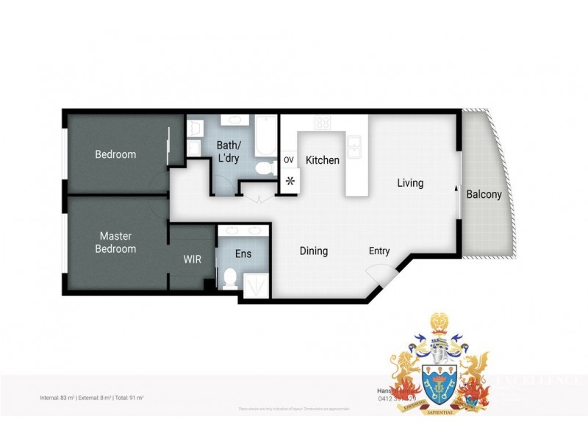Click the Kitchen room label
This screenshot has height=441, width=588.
[x=323, y=160]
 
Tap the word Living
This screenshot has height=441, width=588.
[x=410, y=183]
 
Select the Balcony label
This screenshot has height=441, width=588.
[x=484, y=195]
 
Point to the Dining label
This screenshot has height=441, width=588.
[x=314, y=251]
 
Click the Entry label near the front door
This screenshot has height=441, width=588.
[x=379, y=251]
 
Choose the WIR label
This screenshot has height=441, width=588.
[x=192, y=259]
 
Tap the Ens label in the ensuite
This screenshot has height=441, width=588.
[x=243, y=254]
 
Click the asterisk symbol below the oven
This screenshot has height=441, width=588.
[x=289, y=180]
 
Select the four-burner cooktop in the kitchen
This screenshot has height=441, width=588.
[x=322, y=123]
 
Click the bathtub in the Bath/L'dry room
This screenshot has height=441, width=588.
[x=265, y=137]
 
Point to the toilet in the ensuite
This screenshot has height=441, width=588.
[x=229, y=278]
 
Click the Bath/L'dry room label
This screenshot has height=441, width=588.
[x=228, y=151]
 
